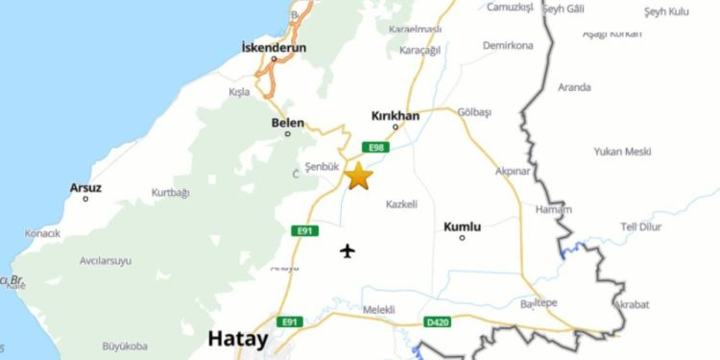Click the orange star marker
coord(358,176)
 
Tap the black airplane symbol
coord(348,252)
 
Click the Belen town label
coord(288,123)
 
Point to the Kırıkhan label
coord(395,115)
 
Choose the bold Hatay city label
coord(238,339)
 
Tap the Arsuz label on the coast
coord(85,187)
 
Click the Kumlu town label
coord(462,227)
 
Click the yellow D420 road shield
coord(436,322)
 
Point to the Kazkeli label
coord(401,204)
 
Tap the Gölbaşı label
coord(474,111)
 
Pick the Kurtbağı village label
coord(171,192)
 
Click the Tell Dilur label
coord(642,227)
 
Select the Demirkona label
coord(507,45)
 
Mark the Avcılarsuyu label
coord(106,260)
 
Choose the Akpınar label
coord(513,171)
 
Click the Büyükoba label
coord(125,346)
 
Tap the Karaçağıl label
coord(420,50)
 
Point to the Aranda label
coord(574,87)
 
